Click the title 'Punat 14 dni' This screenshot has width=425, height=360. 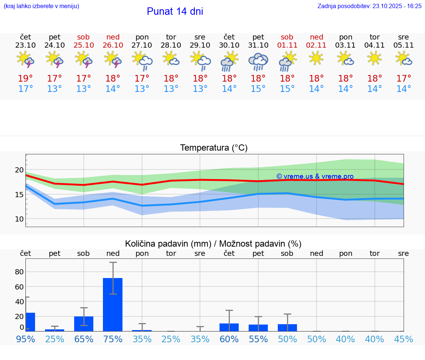pyautogui.click(x=175, y=11)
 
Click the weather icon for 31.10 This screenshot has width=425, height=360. pyautogui.click(x=258, y=61)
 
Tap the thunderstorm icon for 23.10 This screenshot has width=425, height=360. pyautogui.click(x=25, y=59)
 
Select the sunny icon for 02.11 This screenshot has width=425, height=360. pyautogui.click(x=316, y=58)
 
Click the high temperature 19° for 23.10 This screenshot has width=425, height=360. pyautogui.click(x=25, y=78)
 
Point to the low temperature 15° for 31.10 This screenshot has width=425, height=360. pyautogui.click(x=258, y=89)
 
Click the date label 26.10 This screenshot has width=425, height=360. pyautogui.click(x=113, y=45)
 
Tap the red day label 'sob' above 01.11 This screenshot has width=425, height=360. pyautogui.click(x=287, y=37)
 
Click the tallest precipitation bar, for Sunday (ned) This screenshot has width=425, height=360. pyautogui.click(x=113, y=304)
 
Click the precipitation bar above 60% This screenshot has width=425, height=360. pyautogui.click(x=229, y=327)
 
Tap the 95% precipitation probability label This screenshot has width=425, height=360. pyautogui.click(x=25, y=339)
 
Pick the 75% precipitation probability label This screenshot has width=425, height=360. pyautogui.click(x=113, y=339)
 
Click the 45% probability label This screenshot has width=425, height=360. pyautogui.click(x=404, y=339)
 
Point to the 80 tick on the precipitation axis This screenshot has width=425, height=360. pyautogui.click(x=19, y=272)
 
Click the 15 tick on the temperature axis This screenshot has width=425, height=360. pyautogui.click(x=19, y=195)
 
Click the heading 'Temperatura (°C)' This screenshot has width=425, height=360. pyautogui.click(x=214, y=148)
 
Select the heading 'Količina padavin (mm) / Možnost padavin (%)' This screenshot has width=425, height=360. pyautogui.click(x=213, y=244)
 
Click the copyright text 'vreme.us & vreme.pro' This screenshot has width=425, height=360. pyautogui.click(x=315, y=176)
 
